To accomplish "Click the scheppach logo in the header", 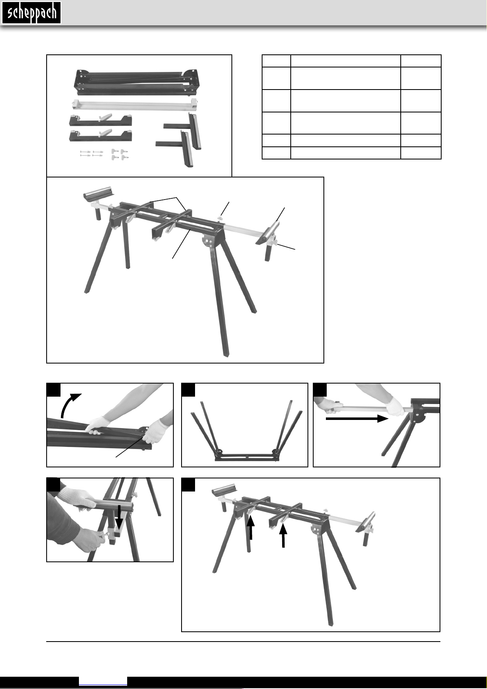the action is (x=31, y=13).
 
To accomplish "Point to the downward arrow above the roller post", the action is (x=119, y=516).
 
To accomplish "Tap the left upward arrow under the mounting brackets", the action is (x=251, y=528).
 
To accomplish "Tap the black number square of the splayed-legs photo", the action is (x=188, y=390).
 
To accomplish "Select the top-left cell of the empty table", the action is (x=276, y=61).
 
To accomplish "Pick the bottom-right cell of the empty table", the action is (x=421, y=153).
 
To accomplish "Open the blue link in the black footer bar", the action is (x=103, y=681).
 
